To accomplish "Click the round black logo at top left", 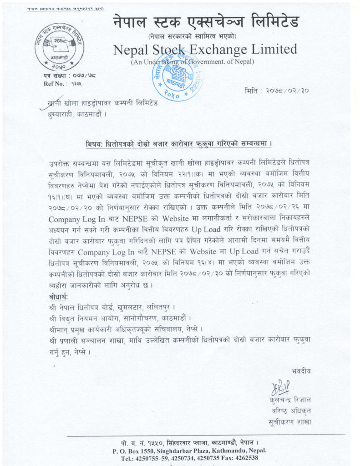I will (x=59, y=46).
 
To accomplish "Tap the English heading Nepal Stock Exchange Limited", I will (x=205, y=49).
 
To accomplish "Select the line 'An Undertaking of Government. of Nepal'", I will (x=193, y=62).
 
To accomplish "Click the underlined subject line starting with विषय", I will (x=179, y=144).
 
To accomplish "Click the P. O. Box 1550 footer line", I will (x=190, y=451).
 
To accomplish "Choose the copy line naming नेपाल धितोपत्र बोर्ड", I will (x=112, y=308).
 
